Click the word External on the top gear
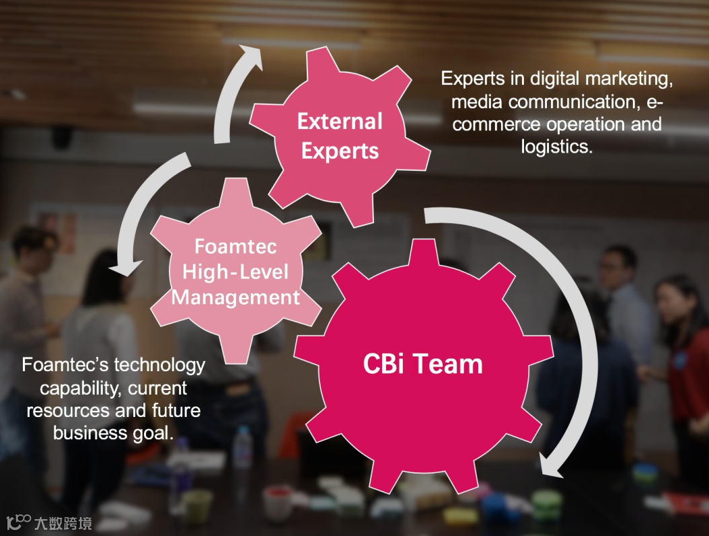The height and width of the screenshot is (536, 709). tap(340, 122)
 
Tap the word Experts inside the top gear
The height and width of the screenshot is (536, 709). tap(340, 151)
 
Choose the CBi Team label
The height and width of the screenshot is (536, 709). tap(422, 364)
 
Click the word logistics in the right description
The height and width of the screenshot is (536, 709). tap(556, 147)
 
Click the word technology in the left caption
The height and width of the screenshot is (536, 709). tap(159, 365)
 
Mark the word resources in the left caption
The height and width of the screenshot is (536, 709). tap(65, 410)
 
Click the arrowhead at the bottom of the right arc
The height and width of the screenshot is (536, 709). tap(556, 467)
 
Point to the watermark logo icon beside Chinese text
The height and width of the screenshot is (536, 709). tap(20, 522)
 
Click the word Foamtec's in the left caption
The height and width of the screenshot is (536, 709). tap(65, 365)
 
